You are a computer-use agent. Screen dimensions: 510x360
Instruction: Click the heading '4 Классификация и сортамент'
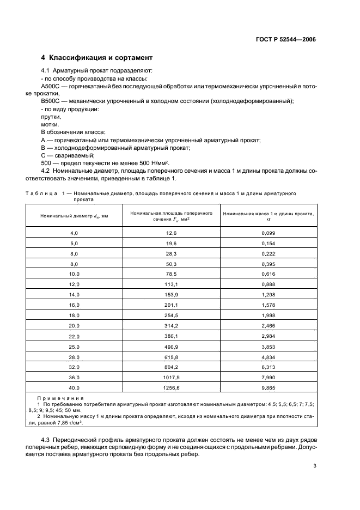pos(97,58)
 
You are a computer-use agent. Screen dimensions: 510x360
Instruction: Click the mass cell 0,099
pos(268,233)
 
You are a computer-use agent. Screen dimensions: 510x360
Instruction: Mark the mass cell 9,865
pos(268,387)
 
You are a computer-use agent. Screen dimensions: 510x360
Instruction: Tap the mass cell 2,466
pos(268,325)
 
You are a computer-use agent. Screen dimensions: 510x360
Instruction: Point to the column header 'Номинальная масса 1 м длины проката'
pos(268,216)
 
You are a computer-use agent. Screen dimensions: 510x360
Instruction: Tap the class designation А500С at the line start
pos(51,86)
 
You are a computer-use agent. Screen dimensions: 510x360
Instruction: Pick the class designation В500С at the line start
pos(51,101)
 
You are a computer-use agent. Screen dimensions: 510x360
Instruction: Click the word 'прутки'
pos(51,117)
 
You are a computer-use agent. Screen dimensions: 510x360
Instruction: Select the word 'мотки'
pos(50,124)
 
